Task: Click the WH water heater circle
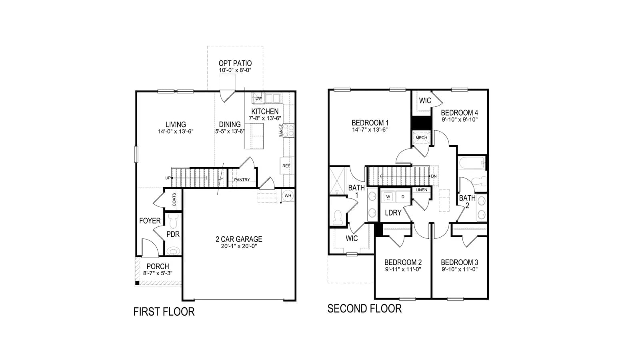pyautogui.click(x=288, y=196)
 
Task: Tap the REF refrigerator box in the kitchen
pyautogui.click(x=286, y=166)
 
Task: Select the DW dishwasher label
pyautogui.click(x=258, y=98)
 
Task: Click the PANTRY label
pyautogui.click(x=242, y=180)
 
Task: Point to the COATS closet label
pyautogui.click(x=174, y=200)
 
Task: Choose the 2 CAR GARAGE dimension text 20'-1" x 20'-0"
pyautogui.click(x=239, y=246)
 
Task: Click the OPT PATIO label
pyautogui.click(x=235, y=63)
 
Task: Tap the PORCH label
pyautogui.click(x=158, y=266)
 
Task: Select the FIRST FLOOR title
pyautogui.click(x=164, y=312)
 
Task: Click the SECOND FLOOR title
pyautogui.click(x=364, y=308)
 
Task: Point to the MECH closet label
pyautogui.click(x=421, y=138)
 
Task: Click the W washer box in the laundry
pyautogui.click(x=388, y=197)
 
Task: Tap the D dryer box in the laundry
pyautogui.click(x=403, y=197)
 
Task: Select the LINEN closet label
pyautogui.click(x=422, y=190)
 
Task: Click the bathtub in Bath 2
pyautogui.click(x=472, y=164)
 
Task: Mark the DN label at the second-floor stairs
pyautogui.click(x=434, y=176)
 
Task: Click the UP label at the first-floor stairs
pyautogui.click(x=168, y=178)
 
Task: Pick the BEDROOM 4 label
pyautogui.click(x=460, y=112)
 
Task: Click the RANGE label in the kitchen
pyautogui.click(x=281, y=130)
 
